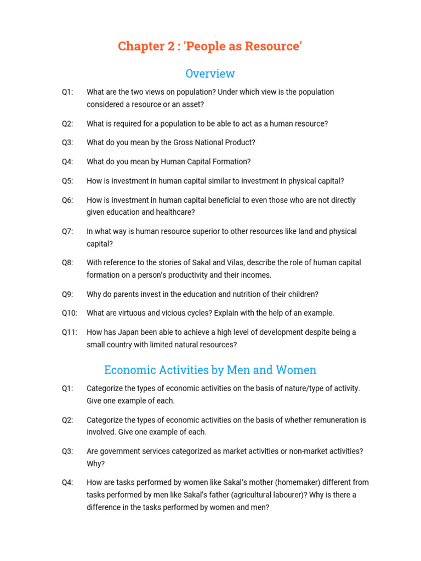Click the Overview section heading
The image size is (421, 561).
pyautogui.click(x=210, y=73)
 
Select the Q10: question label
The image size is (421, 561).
pyautogui.click(x=70, y=313)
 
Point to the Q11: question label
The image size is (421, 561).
pyautogui.click(x=70, y=332)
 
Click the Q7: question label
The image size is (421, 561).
pyautogui.click(x=67, y=231)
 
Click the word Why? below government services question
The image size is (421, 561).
pyautogui.click(x=95, y=463)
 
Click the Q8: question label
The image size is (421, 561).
pyautogui.click(x=67, y=263)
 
